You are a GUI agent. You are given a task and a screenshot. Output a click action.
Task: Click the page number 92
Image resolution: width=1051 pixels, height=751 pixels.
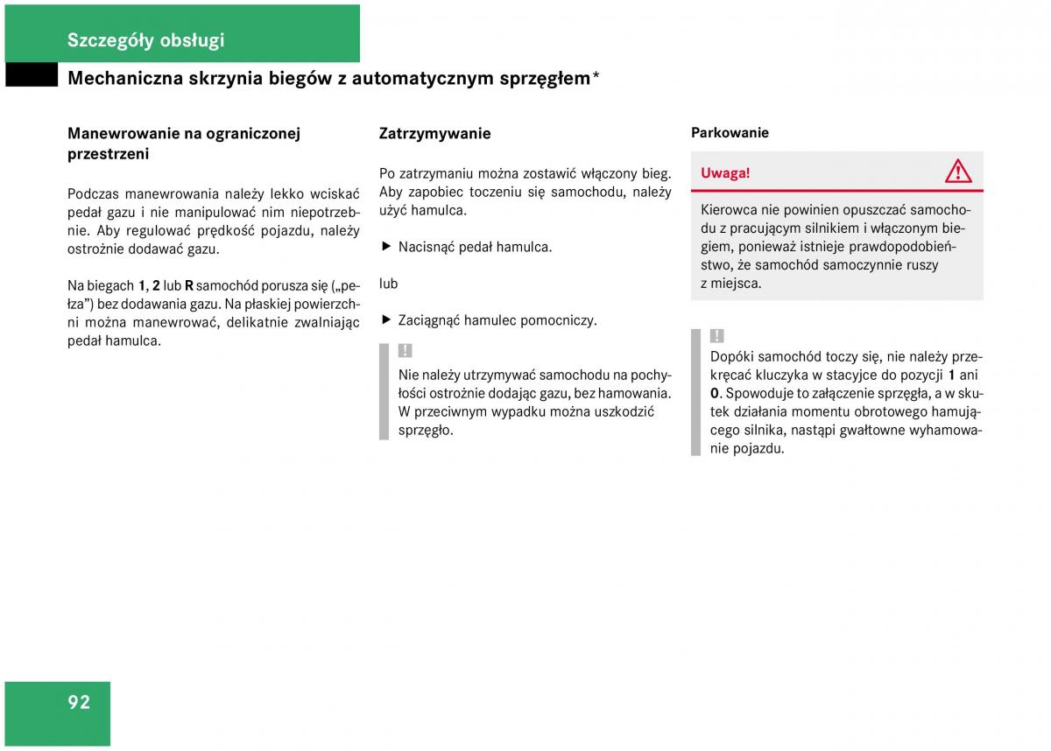pyautogui.click(x=79, y=702)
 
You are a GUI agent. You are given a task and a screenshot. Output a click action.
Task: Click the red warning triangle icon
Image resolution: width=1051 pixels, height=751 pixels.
pyautogui.click(x=958, y=172)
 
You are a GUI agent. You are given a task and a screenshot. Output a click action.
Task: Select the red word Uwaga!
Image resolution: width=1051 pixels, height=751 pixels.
pyautogui.click(x=725, y=172)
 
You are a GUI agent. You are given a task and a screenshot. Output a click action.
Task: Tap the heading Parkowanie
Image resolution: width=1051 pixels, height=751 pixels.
pyautogui.click(x=730, y=133)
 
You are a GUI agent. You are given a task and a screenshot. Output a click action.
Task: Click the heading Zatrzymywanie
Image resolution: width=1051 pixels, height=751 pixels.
pyautogui.click(x=434, y=134)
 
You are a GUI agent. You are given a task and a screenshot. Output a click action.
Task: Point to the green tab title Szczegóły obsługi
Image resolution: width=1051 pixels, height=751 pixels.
pyautogui.click(x=145, y=39)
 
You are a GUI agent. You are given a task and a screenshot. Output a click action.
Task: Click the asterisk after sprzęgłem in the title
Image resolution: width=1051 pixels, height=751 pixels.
pyautogui.click(x=596, y=77)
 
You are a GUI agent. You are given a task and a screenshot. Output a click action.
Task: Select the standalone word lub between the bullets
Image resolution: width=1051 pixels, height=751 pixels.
pyautogui.click(x=388, y=284)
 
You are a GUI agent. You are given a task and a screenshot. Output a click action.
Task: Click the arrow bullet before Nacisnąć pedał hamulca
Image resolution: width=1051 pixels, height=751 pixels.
pyautogui.click(x=384, y=247)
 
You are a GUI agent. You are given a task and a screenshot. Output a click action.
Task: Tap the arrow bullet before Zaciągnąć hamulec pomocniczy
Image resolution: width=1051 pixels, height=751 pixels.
pyautogui.click(x=384, y=320)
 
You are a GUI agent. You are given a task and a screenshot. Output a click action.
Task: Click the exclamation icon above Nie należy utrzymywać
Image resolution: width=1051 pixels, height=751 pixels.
pyautogui.click(x=405, y=351)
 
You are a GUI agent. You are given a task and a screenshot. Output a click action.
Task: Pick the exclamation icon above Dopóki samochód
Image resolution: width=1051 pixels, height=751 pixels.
pyautogui.click(x=716, y=336)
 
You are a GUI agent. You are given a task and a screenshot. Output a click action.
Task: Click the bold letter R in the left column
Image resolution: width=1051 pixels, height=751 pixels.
pyautogui.click(x=188, y=285)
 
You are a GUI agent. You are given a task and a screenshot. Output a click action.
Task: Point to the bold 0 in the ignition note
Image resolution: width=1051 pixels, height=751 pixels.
pyautogui.click(x=715, y=393)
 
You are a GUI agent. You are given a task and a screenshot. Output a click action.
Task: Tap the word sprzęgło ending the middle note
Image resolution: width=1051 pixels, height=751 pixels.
pyautogui.click(x=426, y=430)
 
